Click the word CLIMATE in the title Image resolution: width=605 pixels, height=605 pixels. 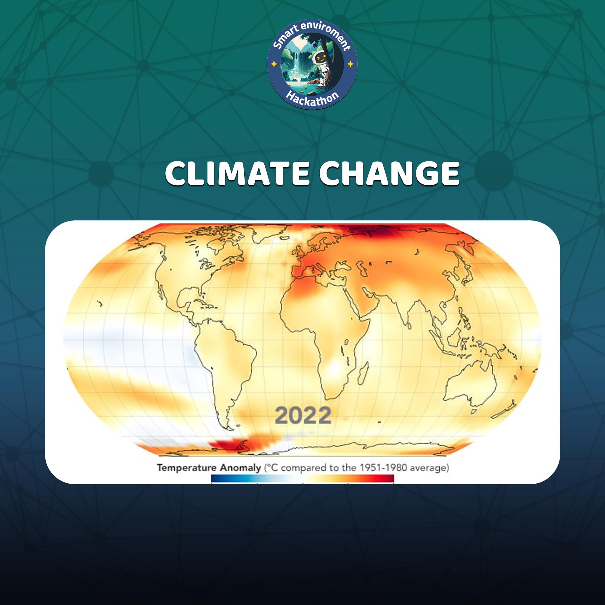(237, 173)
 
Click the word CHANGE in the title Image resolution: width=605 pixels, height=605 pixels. (389, 173)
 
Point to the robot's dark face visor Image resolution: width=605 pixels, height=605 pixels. (321, 58)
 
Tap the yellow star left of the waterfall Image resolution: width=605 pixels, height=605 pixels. (274, 64)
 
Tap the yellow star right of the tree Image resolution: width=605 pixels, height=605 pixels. (350, 64)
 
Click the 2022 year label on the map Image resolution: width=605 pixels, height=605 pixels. (303, 415)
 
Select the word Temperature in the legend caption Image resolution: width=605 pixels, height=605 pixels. (187, 468)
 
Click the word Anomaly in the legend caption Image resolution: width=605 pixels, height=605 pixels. (240, 468)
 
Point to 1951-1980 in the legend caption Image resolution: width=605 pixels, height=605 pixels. (383, 468)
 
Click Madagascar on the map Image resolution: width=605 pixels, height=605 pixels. (363, 374)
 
